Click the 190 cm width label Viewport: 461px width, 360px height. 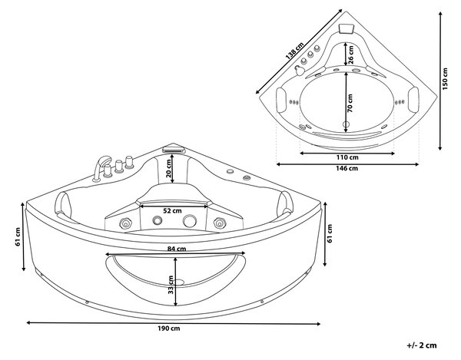(x=168, y=329)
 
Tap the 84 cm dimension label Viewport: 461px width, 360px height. (x=177, y=249)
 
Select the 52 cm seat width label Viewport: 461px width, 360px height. (x=172, y=210)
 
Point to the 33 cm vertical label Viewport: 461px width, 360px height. (x=171, y=285)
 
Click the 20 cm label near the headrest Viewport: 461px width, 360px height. (x=168, y=169)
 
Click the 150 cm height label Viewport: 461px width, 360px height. (x=445, y=79)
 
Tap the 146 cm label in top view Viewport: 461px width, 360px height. (x=347, y=168)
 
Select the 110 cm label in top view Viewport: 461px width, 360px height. (x=347, y=157)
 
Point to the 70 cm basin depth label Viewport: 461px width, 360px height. (x=350, y=104)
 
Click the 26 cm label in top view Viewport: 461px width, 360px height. (x=351, y=55)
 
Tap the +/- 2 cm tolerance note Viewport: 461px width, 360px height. (x=422, y=345)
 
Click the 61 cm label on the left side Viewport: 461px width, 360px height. (x=18, y=236)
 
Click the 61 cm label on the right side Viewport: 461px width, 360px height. (x=330, y=233)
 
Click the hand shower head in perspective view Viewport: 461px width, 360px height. (x=105, y=161)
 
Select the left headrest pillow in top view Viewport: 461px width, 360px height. (x=281, y=100)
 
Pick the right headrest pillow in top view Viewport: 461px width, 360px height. (x=413, y=99)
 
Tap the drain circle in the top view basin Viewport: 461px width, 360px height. (x=346, y=124)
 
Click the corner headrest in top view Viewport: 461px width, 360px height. (x=346, y=29)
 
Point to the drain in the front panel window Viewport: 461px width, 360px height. (x=178, y=282)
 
